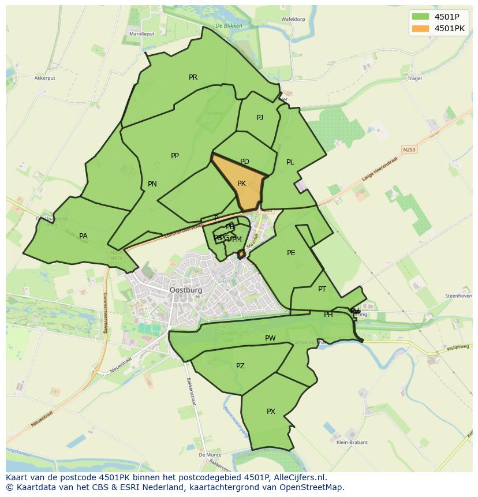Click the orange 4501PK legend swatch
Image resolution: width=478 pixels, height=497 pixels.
pos(421,28)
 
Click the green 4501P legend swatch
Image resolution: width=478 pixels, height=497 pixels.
pos(421,16)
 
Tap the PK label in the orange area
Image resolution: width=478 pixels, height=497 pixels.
pos(242,184)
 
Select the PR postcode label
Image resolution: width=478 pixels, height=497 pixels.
pos(193,77)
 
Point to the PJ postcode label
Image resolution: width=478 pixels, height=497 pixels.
pos(260,117)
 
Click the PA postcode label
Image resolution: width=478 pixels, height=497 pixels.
pos(83,236)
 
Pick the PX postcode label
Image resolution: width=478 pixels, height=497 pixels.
pos(271,411)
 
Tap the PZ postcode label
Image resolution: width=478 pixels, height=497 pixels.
pos(240,365)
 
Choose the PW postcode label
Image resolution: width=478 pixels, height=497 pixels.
pos(270,338)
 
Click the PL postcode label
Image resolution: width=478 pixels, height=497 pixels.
pos(290,162)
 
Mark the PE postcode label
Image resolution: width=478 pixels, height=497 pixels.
pos(291,252)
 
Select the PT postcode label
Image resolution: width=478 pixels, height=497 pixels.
pos(322,289)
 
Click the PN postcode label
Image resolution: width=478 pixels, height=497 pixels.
pos(152,184)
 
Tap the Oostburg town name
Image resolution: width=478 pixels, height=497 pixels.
pos(186,290)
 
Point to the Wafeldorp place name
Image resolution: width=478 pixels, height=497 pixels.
pos(293,19)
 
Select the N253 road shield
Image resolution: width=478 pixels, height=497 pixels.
pos(409,150)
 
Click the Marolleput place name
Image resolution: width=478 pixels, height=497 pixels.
pos(141,34)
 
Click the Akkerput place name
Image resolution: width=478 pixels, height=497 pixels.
pos(44,77)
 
